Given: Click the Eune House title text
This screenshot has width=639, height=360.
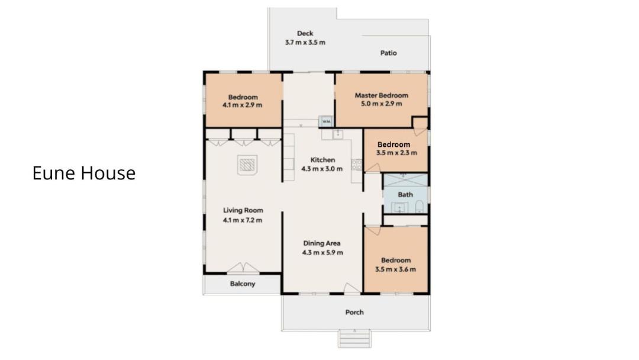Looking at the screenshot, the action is (84, 173).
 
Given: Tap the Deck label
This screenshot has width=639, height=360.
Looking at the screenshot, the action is (305, 33).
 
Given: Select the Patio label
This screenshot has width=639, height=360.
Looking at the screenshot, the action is (388, 53).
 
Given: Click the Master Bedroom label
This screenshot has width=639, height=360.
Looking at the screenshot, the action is (382, 95).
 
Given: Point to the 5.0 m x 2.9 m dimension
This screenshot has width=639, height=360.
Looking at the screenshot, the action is (382, 104).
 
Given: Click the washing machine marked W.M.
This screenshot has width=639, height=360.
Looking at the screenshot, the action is (327, 121).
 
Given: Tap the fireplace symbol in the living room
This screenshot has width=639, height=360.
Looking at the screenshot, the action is (247, 165).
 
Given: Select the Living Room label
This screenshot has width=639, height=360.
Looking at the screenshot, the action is (243, 210).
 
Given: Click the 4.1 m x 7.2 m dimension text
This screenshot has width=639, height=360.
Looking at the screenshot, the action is (243, 220).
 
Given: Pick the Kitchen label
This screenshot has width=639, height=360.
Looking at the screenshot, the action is (323, 160).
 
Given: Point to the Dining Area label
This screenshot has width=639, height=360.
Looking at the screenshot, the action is (322, 243).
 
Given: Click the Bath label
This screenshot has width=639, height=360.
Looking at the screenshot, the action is (405, 195).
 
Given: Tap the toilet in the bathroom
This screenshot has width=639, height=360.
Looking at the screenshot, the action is (419, 207).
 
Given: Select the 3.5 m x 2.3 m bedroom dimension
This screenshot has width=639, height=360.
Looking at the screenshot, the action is (396, 153).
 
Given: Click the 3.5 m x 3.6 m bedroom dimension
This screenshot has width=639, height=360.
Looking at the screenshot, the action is (396, 269).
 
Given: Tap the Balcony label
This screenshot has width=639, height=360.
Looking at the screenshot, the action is (243, 284).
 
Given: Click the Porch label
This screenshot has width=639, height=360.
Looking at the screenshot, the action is (354, 312).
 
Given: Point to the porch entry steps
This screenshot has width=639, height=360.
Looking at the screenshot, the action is (354, 339).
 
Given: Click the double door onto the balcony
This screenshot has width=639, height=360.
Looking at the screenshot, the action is (243, 268).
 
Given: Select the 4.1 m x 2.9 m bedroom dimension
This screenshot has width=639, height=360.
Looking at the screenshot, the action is (243, 105).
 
